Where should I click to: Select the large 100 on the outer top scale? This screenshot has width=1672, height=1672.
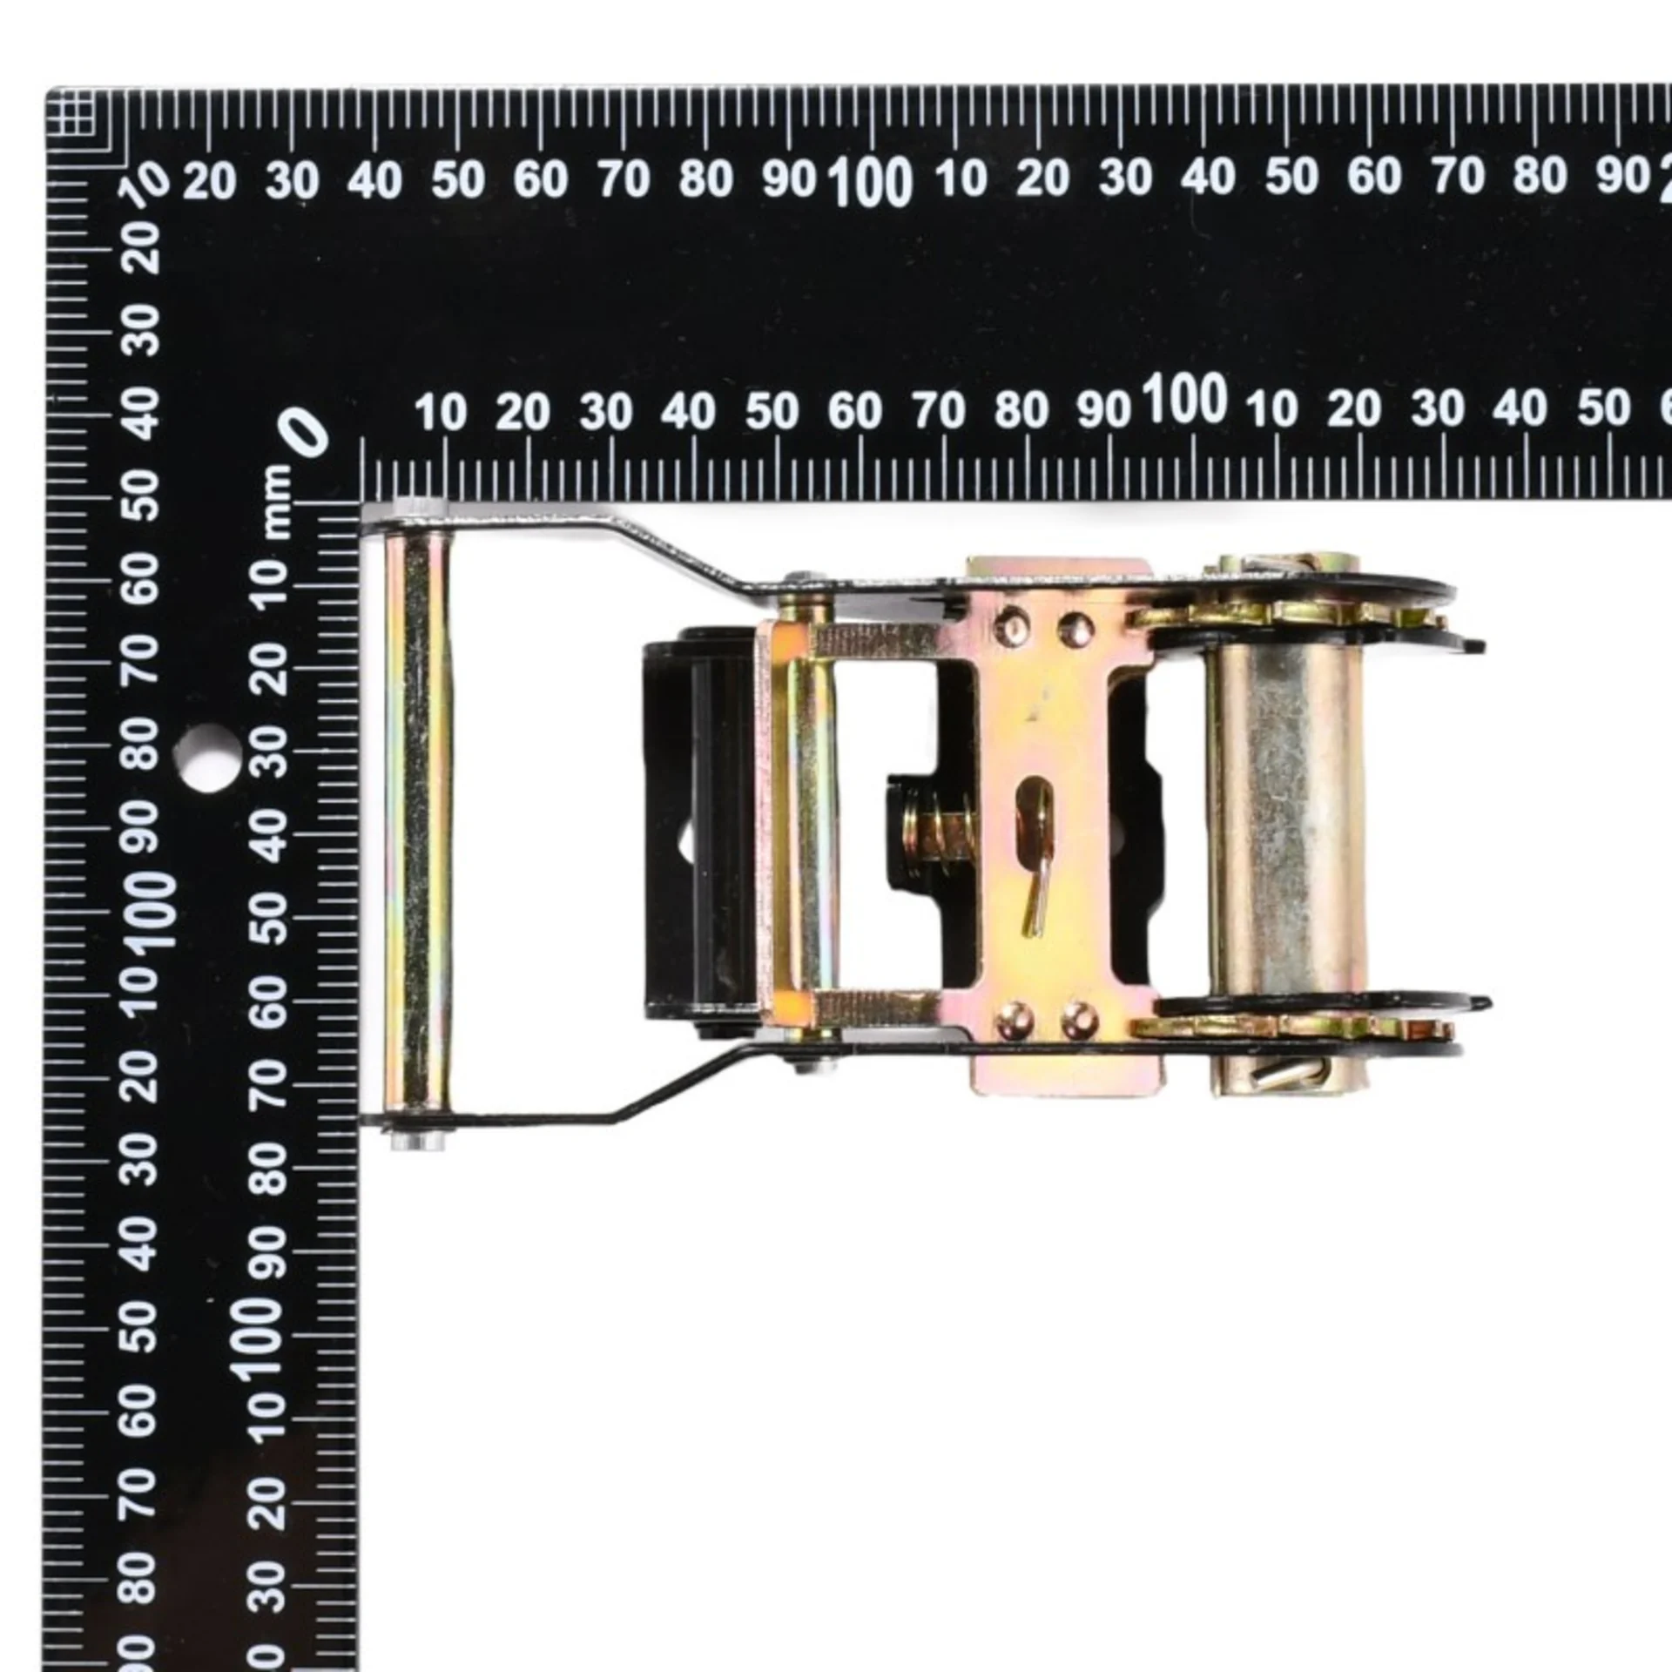[870, 182]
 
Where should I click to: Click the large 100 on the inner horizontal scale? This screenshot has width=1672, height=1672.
[1185, 399]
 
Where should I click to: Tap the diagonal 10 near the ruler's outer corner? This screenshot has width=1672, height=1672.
[152, 182]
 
